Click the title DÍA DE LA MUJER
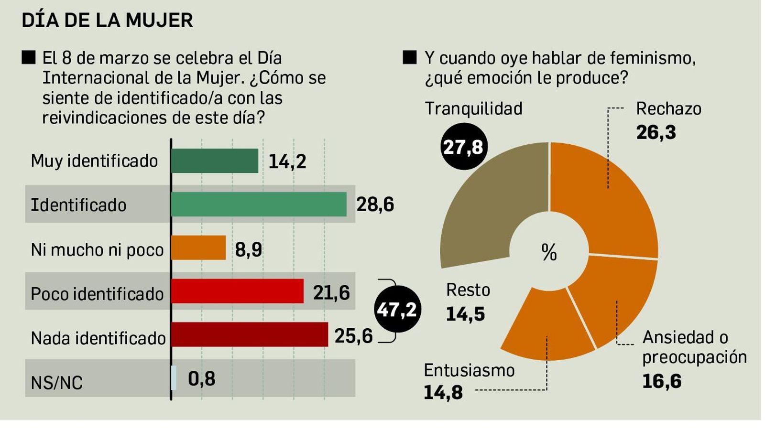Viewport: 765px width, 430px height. (108, 21)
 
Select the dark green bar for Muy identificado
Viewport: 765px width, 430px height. (214, 161)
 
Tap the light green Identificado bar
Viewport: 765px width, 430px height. (258, 204)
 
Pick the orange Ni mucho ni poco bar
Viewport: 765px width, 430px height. (198, 247)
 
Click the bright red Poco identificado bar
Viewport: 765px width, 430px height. (237, 291)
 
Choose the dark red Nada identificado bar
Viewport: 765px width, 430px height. (249, 334)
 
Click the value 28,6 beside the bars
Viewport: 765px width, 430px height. (375, 204)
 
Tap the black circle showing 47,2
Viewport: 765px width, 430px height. (397, 310)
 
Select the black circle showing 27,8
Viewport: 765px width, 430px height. (463, 147)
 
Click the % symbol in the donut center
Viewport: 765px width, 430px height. (549, 252)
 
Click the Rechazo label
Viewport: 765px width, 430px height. (668, 109)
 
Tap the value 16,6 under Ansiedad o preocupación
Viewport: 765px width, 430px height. (662, 381)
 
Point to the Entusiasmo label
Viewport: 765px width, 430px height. (469, 370)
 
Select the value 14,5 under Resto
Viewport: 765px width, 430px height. (465, 314)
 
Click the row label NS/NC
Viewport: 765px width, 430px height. (56, 383)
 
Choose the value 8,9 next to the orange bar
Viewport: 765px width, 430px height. (249, 249)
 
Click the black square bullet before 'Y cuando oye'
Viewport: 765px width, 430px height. (410, 57)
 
